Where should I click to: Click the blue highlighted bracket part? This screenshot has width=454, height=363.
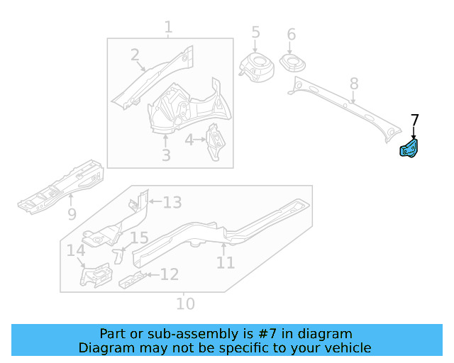[x=410, y=149]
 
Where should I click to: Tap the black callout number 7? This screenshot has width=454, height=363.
[x=415, y=121]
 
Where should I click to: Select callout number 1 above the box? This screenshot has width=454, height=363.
[x=168, y=28]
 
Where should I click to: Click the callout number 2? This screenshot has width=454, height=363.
[x=135, y=55]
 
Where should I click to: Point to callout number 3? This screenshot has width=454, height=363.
[x=165, y=155]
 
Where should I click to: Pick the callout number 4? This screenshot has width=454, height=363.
[x=189, y=140]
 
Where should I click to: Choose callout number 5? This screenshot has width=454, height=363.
[x=255, y=33]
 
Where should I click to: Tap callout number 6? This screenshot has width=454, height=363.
[x=291, y=35]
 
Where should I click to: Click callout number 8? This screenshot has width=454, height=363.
[x=354, y=85]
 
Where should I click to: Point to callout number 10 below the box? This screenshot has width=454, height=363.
[x=184, y=303]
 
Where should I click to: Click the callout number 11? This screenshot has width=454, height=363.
[x=226, y=262]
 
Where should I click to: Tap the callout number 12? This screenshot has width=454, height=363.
[x=169, y=274]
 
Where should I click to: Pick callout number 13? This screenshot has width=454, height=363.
[x=172, y=203]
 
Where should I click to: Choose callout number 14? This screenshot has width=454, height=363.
[x=76, y=250]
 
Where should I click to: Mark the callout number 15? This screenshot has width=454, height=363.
[x=138, y=239]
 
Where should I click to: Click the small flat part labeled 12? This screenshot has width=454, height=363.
[x=132, y=280]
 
